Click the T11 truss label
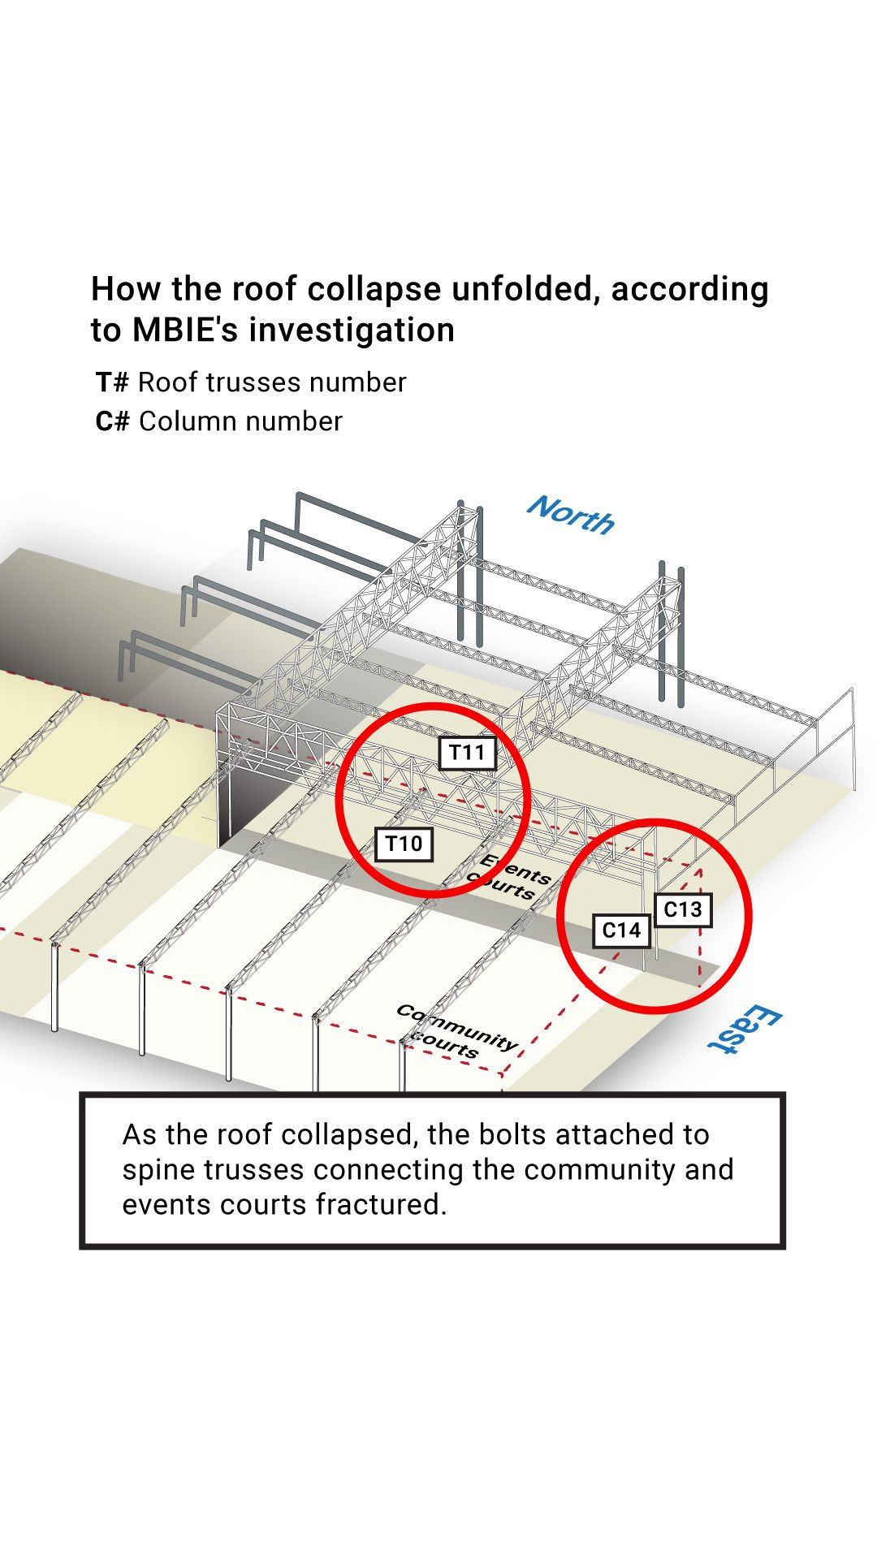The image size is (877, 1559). (x=467, y=753)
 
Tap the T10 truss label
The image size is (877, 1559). (x=404, y=844)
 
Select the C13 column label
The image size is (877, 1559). (x=682, y=909)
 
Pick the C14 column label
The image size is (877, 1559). (x=621, y=931)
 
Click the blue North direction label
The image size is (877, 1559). (x=571, y=516)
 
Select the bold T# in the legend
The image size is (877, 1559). (x=112, y=382)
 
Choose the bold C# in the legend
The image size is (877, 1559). (x=112, y=421)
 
